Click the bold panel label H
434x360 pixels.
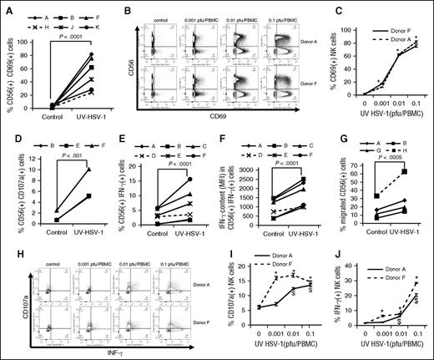pyautogui.click(x=7, y=246)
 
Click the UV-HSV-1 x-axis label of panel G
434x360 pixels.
pyautogui.click(x=403, y=233)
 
